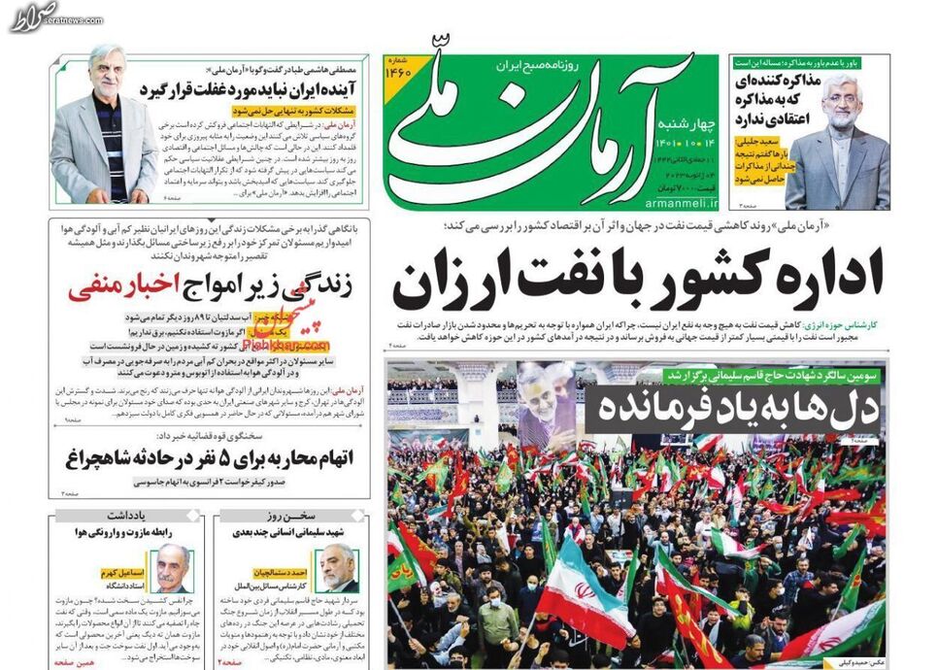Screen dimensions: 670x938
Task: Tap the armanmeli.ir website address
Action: tap(679, 205)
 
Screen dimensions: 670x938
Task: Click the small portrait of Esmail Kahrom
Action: tap(173, 567)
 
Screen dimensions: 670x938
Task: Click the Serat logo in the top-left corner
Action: tap(34, 17)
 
